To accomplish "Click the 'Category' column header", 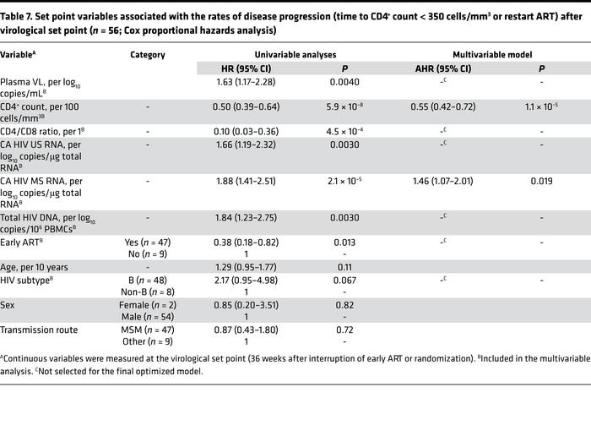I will coord(147,53).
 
